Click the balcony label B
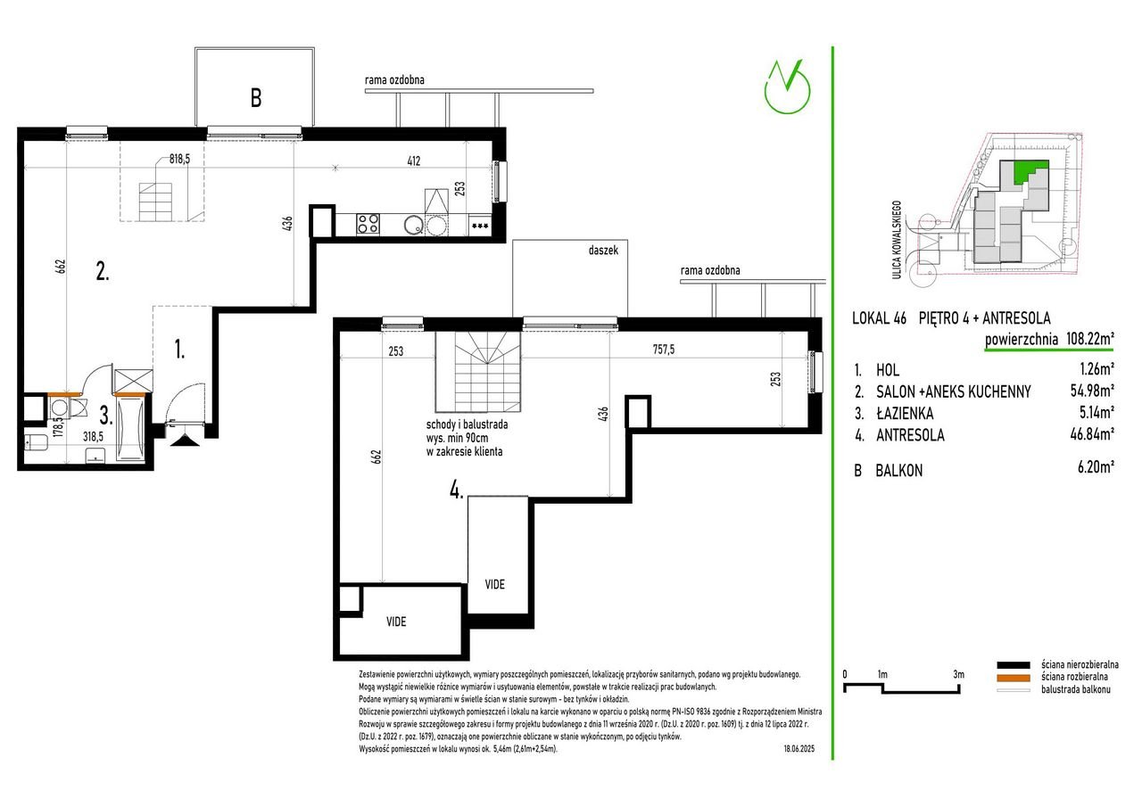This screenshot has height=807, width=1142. tap(256, 98)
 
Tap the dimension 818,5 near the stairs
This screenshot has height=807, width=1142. tap(179, 159)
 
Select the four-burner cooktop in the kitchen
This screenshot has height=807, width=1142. tap(368, 224)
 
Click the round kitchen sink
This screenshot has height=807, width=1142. tap(413, 225)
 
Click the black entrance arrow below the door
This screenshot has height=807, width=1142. tap(183, 441)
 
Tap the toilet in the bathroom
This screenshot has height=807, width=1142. tap(36, 441)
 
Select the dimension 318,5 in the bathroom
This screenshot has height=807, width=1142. tap(94, 437)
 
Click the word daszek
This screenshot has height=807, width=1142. tap(603, 251)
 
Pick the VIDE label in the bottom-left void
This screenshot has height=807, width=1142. tap(396, 622)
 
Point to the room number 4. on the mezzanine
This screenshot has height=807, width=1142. tap(456, 490)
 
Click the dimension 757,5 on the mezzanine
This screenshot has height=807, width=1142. tap(663, 349)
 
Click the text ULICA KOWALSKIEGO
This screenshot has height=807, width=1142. tap(897, 240)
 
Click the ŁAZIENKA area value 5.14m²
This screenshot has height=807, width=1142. tap(1096, 411)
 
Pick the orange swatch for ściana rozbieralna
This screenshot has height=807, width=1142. tap(1014, 678)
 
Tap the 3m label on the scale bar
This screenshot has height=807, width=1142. tap(958, 674)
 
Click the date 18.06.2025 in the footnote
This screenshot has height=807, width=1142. tap(799, 749)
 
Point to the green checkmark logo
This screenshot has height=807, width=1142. tap(787, 86)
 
